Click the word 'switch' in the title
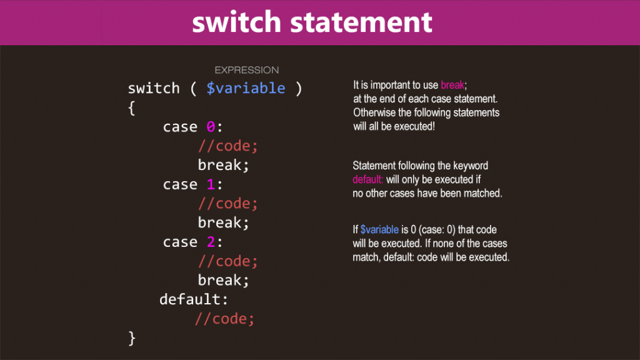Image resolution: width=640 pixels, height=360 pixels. [237, 22]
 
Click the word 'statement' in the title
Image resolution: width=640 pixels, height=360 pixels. [361, 22]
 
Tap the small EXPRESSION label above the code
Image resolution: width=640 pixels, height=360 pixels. [247, 70]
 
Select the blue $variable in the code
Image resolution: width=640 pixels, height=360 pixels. [246, 88]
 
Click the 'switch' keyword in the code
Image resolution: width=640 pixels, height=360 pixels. [154, 88]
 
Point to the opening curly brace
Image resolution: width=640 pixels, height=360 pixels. [131, 108]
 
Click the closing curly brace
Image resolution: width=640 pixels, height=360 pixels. [132, 338]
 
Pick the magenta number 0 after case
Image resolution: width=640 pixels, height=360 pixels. [211, 127]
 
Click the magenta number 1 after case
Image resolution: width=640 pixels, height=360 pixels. [211, 184]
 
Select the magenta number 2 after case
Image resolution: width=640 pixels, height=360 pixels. [211, 242]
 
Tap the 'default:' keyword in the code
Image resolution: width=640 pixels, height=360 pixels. [194, 299]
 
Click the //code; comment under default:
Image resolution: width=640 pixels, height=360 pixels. [224, 319]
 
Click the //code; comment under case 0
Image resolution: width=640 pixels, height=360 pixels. [227, 146]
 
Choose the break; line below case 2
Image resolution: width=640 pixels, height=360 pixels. [223, 281]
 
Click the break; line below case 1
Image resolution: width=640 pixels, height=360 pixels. [223, 223]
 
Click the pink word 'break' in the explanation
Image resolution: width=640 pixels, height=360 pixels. [452, 85]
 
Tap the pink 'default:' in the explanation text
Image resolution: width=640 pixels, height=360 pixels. [367, 179]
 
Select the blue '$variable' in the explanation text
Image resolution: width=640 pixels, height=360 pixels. [379, 229]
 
